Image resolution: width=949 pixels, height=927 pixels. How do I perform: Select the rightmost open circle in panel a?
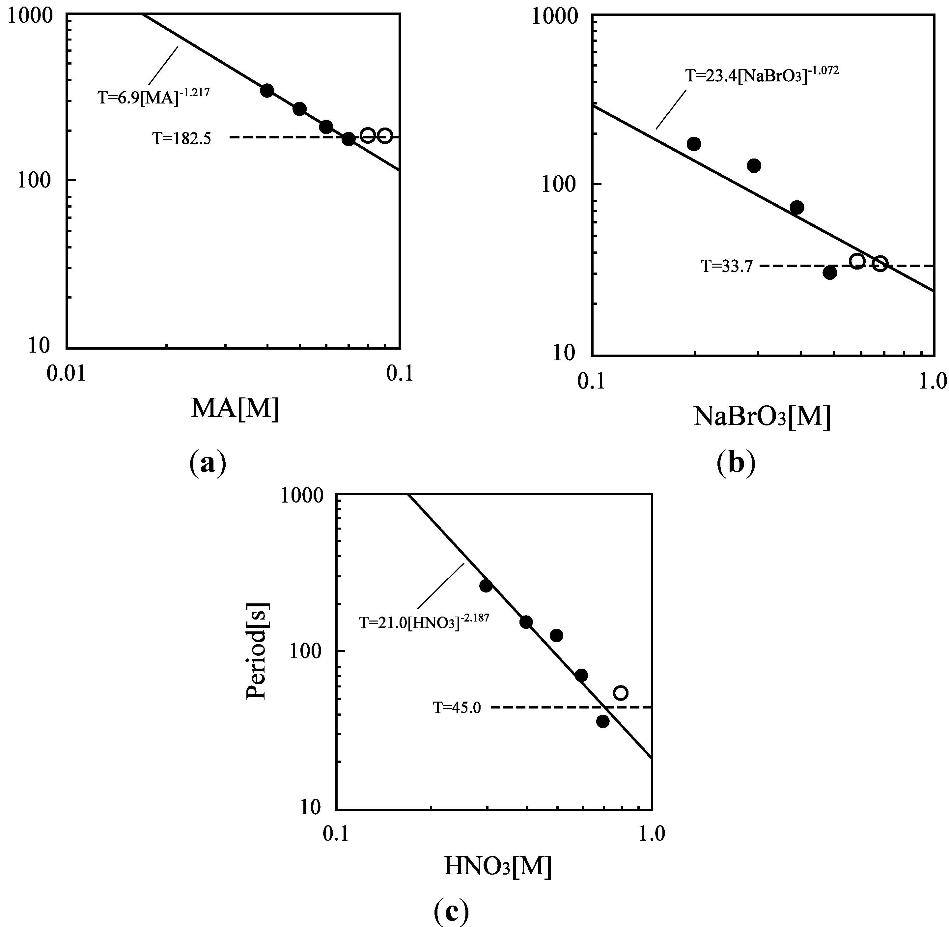(x=385, y=136)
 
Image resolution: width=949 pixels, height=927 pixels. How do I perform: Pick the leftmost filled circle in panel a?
(x=267, y=91)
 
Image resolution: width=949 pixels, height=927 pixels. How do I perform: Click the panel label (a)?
(x=207, y=463)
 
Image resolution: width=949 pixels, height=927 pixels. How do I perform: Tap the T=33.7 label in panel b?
(x=727, y=266)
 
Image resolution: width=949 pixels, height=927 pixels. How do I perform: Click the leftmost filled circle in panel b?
(x=694, y=144)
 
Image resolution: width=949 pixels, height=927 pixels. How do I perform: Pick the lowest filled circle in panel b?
(x=830, y=273)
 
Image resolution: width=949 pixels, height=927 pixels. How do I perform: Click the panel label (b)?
(x=736, y=463)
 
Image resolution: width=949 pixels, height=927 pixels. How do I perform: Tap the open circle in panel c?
(x=621, y=693)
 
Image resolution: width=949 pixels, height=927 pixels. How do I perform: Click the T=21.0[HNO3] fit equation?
(x=424, y=622)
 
